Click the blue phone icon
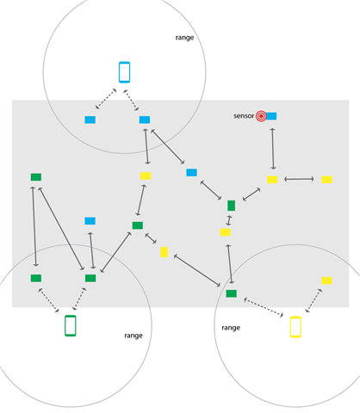(124, 72)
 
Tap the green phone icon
(71, 325)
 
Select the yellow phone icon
(295, 327)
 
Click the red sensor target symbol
(261, 116)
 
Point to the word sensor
(244, 116)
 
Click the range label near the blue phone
(184, 38)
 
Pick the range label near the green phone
(133, 336)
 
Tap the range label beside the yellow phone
(231, 328)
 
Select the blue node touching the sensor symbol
(271, 116)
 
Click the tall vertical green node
(231, 206)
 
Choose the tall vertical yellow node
(164, 252)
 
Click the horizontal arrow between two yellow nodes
(299, 179)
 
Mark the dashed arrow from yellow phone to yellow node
(313, 300)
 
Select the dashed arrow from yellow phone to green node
(264, 307)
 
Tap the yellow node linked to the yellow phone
(326, 280)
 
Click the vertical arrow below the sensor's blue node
(273, 149)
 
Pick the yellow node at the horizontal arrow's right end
(326, 180)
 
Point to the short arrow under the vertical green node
(229, 220)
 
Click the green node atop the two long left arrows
(36, 177)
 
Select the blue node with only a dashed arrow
(90, 120)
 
